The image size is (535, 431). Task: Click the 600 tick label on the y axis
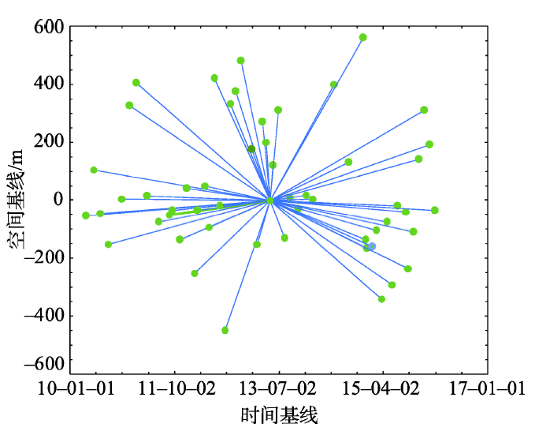coord(49,28)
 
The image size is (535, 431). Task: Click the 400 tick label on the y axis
coord(49,84)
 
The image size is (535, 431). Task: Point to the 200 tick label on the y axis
coord(49,142)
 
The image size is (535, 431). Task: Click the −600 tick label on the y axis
coord(43,365)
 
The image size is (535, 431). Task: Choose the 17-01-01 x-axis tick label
coord(487,389)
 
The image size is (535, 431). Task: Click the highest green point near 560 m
coord(363,37)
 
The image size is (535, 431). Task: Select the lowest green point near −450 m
coord(225,330)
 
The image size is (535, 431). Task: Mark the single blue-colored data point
coord(372,246)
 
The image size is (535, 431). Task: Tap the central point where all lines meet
coord(270,201)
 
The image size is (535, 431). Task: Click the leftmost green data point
coord(86,215)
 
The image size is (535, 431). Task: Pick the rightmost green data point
coord(435,210)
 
